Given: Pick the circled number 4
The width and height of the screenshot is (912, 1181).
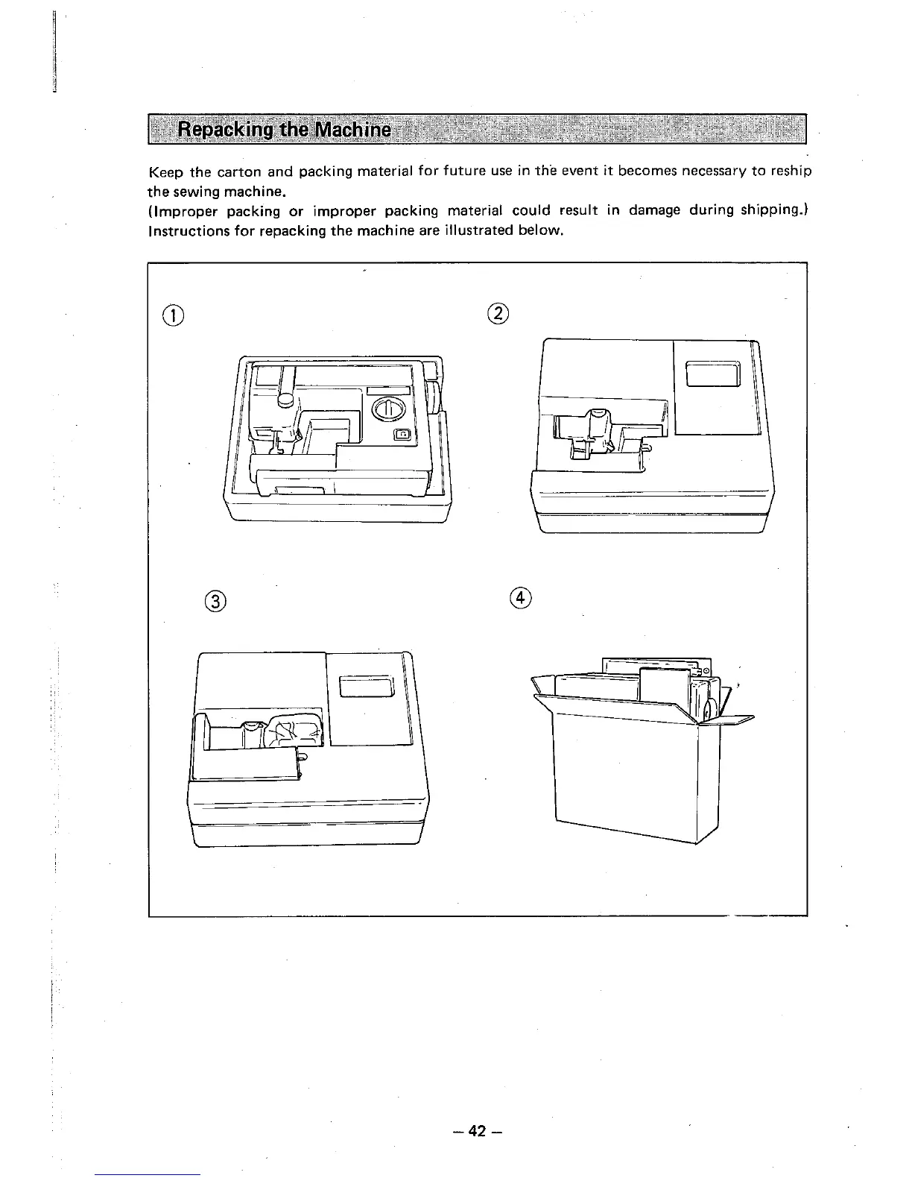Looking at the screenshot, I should point(522,599).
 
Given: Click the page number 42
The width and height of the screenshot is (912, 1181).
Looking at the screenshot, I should point(477,1131).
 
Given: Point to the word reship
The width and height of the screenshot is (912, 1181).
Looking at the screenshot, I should point(789,172).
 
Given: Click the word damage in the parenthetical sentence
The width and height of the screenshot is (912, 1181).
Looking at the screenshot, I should point(653,210).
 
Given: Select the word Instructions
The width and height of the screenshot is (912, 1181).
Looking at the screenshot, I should point(181,230).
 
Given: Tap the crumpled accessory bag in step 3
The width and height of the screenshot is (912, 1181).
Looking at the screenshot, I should point(294,729).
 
